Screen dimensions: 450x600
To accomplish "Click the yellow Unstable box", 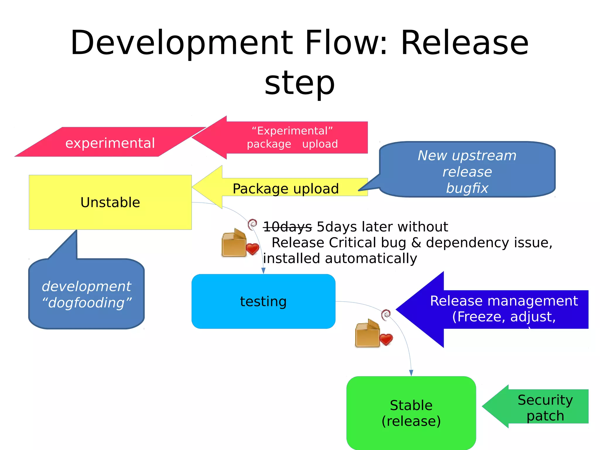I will click(x=110, y=202).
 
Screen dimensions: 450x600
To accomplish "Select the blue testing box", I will click(x=263, y=301).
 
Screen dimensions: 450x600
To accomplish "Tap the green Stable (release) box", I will click(x=411, y=413).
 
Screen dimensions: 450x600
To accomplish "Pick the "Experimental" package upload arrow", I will click(x=292, y=137).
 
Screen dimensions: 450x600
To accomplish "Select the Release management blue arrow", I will click(x=503, y=309).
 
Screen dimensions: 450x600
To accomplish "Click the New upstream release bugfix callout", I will click(x=467, y=171).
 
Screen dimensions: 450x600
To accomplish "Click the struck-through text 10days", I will click(x=287, y=227).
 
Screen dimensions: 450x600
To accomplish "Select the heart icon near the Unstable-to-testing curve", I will click(x=252, y=249).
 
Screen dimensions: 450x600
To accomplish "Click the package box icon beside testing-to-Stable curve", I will click(x=367, y=334).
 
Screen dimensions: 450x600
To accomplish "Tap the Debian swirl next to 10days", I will click(x=252, y=224).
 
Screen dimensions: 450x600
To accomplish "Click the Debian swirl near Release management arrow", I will click(x=386, y=314).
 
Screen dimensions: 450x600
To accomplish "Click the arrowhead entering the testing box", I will click(x=263, y=271).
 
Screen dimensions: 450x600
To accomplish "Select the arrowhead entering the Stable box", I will click(x=411, y=373).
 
